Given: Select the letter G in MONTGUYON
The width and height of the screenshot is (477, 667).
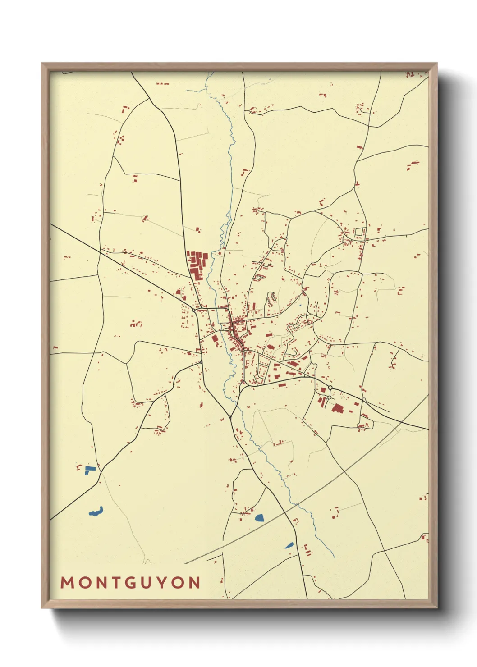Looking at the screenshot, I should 131,582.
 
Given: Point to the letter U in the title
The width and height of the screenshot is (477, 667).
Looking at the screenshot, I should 147,582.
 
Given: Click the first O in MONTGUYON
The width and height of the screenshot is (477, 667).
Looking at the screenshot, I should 84,582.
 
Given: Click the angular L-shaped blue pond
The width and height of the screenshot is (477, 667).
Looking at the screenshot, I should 89,470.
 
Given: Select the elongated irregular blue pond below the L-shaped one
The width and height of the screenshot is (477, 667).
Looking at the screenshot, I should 96,512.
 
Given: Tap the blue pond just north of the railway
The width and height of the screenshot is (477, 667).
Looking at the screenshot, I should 259,518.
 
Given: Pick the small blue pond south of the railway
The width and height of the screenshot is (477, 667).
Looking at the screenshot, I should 289,546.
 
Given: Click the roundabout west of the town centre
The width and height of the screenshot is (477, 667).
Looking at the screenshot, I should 194,310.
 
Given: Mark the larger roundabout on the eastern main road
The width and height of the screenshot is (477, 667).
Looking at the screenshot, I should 330,388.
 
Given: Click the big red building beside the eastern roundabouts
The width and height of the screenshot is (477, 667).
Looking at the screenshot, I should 337,408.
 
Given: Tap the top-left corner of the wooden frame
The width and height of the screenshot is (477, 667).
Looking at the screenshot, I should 42,64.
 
